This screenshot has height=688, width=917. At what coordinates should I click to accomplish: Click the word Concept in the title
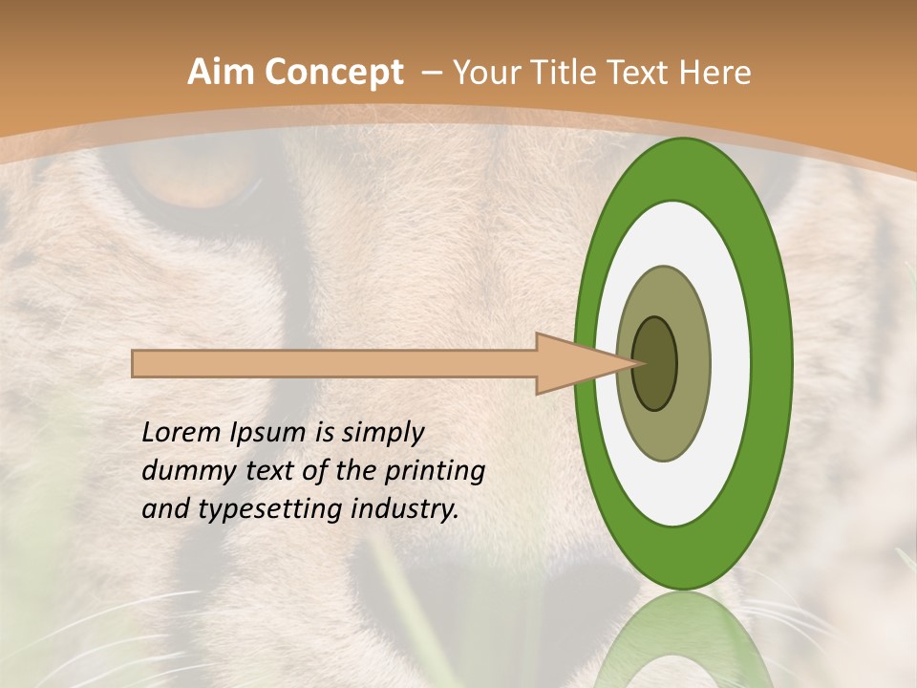[332, 73]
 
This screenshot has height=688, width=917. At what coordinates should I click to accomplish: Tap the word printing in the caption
[435, 472]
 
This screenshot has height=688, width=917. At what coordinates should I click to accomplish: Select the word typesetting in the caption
[261, 510]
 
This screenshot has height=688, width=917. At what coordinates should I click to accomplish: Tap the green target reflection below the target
[683, 640]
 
